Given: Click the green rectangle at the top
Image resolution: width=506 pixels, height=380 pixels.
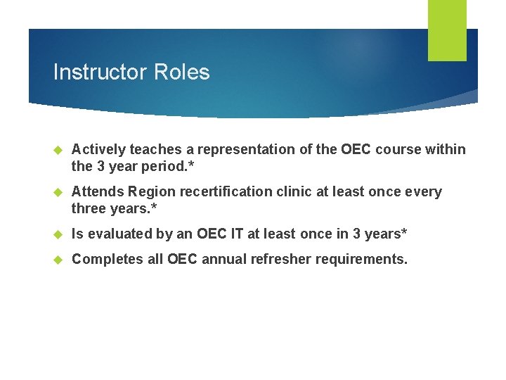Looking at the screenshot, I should coord(447,30).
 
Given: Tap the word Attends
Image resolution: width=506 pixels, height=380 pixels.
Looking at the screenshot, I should coord(99,192).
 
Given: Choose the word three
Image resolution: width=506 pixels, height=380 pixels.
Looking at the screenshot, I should coord(89,208).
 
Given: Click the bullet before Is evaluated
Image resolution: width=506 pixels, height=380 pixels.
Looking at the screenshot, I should coord(59,234).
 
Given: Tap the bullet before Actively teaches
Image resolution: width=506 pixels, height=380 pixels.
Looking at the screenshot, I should coord(59,150).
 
